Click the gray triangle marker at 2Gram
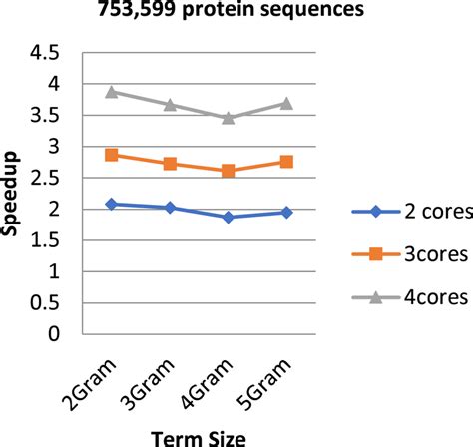[x=112, y=92]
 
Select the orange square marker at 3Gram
[x=170, y=164]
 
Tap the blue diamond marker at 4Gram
[x=229, y=217]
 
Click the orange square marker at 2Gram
[x=112, y=155]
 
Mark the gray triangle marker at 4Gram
[x=229, y=118]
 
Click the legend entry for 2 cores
[x=399, y=211]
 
